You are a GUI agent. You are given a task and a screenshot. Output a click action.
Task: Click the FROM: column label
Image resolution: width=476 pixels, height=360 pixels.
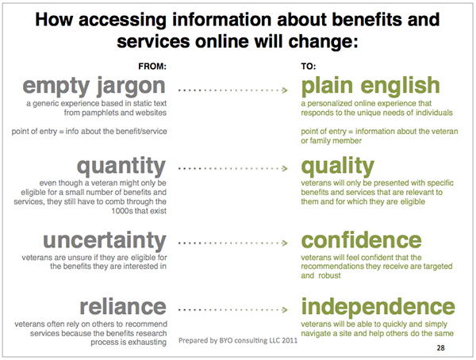tap(152, 66)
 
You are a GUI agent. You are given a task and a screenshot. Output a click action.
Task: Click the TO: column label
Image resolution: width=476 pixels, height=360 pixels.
tap(308, 66)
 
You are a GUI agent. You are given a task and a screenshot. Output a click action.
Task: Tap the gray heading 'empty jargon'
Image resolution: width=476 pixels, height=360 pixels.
tap(94, 86)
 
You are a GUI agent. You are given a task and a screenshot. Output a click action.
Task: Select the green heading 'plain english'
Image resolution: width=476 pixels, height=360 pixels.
tap(370, 86)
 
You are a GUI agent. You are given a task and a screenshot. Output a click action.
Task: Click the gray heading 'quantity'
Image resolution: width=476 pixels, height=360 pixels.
tap(121, 167)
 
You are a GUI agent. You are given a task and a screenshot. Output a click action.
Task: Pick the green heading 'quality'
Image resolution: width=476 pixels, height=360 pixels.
tap(338, 166)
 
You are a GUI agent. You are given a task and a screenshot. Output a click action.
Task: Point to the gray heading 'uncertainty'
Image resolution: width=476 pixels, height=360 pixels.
tap(105, 241)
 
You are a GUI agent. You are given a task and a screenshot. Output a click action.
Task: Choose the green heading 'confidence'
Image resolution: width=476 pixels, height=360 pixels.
tap(361, 240)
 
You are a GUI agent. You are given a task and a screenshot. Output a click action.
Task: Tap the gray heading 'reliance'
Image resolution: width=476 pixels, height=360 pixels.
tap(123, 307)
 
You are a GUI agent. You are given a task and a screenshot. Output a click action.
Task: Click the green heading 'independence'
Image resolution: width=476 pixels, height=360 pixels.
tap(378, 307)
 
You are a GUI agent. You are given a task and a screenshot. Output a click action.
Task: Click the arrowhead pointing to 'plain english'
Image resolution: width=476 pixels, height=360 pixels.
tap(285, 90)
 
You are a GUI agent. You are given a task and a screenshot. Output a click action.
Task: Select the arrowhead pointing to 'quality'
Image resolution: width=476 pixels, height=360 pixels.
tap(285, 168)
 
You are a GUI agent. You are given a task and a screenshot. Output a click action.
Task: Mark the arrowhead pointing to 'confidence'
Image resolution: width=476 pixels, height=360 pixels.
tap(285, 243)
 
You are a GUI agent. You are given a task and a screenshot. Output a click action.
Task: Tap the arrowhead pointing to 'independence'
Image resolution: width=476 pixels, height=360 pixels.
tap(285, 309)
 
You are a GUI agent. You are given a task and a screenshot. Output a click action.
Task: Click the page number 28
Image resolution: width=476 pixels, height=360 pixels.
tap(441, 348)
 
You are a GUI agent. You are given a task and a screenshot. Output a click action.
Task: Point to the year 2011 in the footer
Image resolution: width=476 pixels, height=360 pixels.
tap(290, 341)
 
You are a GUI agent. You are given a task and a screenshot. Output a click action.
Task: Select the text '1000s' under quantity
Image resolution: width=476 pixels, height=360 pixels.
tap(121, 211)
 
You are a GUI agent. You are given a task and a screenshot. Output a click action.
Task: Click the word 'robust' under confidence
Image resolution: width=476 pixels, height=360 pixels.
tap(329, 276)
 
